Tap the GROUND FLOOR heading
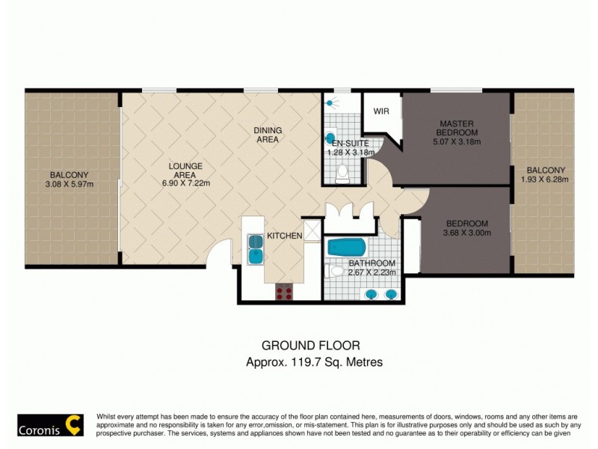point(310,345)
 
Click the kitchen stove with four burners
point(284,292)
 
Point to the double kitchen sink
point(256,248)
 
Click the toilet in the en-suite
point(342,174)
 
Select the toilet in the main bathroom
point(336,271)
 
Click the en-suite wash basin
point(331,138)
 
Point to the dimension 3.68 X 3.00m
point(467,233)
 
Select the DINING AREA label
point(268,134)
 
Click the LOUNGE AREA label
point(186,171)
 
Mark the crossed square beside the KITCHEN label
point(311,229)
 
